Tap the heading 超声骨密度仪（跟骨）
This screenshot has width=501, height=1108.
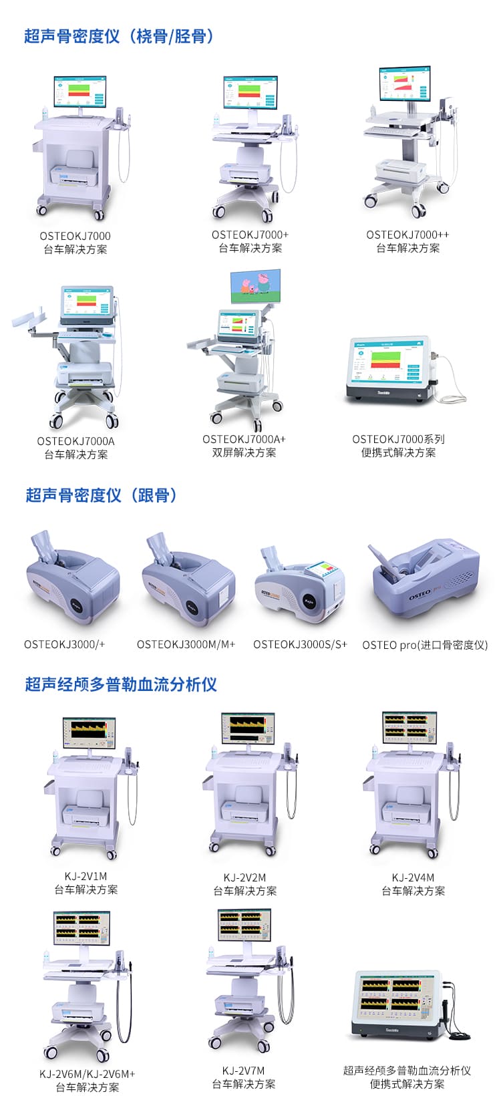tap(102, 495)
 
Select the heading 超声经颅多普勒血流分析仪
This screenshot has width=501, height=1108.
tap(121, 684)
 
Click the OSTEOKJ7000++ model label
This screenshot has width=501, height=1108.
tap(407, 235)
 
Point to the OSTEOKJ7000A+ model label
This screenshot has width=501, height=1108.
tap(244, 439)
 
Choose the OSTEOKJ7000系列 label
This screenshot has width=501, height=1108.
tap(398, 439)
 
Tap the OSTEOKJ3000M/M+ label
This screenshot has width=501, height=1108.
tap(186, 644)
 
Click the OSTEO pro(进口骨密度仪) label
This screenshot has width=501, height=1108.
tap(425, 645)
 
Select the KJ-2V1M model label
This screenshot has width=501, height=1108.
tap(86, 876)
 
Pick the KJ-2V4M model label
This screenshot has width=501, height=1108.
tap(413, 877)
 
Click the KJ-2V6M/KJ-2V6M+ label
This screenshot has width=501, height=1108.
tap(87, 1074)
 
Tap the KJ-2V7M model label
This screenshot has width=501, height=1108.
tap(243, 1071)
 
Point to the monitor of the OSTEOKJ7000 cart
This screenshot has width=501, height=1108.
tap(80, 91)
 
